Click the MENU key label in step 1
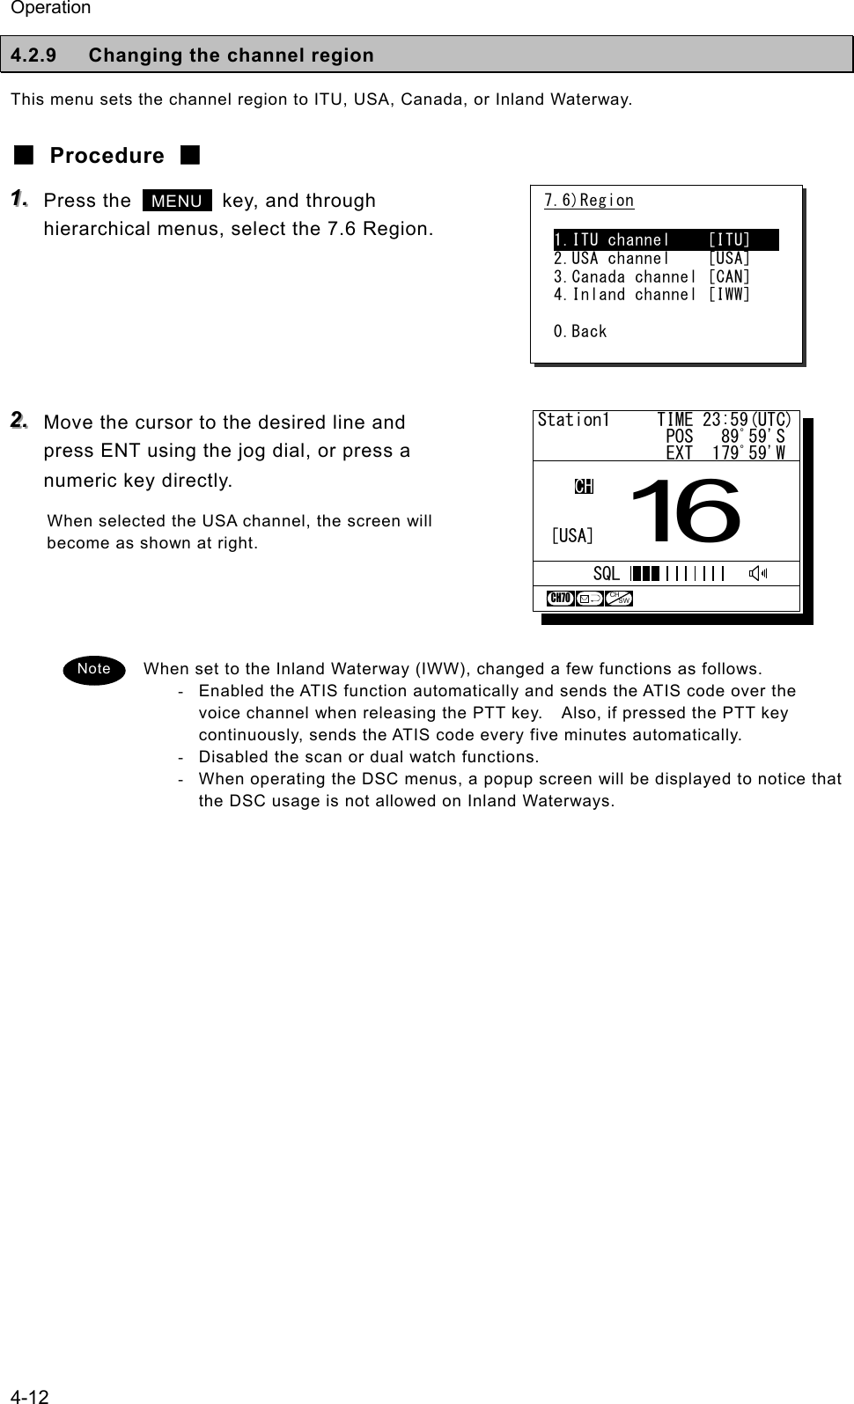(177, 201)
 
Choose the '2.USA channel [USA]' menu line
(652, 258)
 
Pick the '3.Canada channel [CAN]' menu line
(652, 276)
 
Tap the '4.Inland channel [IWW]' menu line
(652, 295)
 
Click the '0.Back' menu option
(580, 332)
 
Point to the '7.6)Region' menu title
(589, 201)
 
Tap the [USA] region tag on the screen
(572, 535)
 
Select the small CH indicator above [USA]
(584, 487)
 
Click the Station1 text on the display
(573, 420)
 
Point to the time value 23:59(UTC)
(747, 420)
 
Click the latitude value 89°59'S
(753, 437)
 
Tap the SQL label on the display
(606, 574)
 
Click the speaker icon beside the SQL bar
(756, 574)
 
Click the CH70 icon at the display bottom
(560, 599)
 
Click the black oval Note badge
(94, 669)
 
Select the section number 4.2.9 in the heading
(33, 55)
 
